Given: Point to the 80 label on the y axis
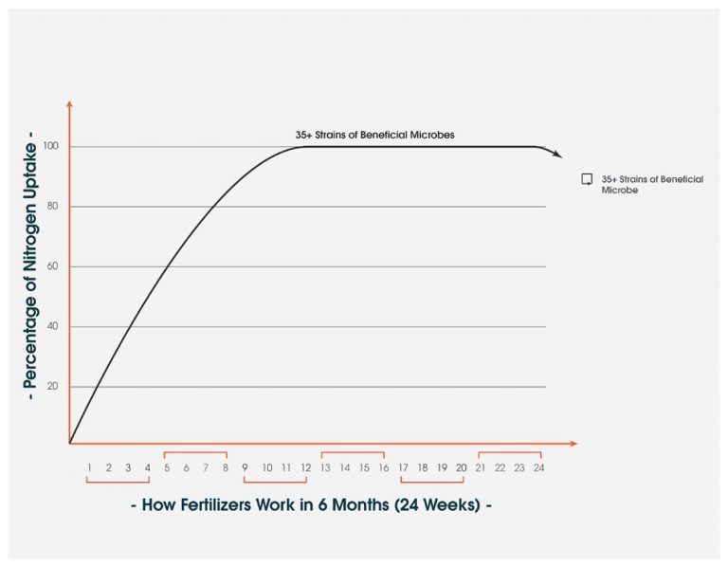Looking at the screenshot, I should point(53,207).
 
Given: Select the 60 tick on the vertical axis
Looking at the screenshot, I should point(53,266).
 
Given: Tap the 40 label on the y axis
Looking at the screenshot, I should point(53,327).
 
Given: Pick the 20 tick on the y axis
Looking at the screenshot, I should point(53,387).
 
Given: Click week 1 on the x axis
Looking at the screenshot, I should point(89,467).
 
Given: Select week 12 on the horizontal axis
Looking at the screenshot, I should point(305,467).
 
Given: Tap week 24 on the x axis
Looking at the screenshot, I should point(538,467).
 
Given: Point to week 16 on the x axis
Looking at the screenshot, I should point(383,467).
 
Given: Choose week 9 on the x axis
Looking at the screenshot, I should point(245,467).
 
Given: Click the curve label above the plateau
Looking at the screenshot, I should point(374,135).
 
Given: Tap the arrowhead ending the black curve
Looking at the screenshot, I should point(557,155).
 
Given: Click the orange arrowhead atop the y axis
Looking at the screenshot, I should point(69,105).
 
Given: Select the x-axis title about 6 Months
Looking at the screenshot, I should point(311,505).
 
